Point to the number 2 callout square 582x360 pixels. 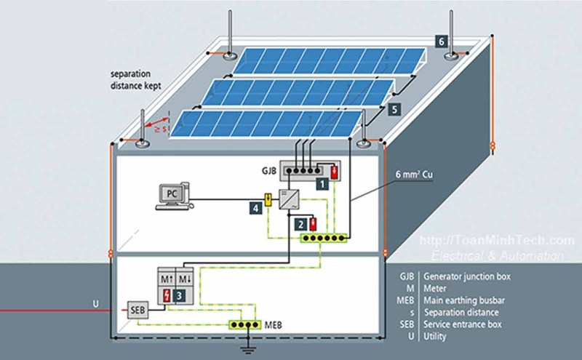pyautogui.click(x=300, y=225)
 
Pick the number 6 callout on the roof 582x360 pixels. pyautogui.click(x=442, y=41)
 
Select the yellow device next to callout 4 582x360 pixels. pyautogui.click(x=268, y=198)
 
